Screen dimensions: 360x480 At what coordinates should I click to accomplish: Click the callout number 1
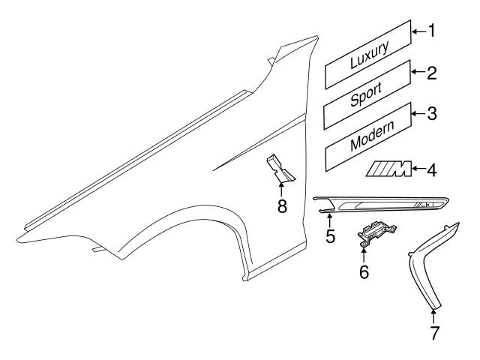coord(431,31)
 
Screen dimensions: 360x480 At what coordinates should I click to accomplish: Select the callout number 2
coord(432,73)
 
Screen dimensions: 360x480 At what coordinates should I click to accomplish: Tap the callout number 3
coord(432,114)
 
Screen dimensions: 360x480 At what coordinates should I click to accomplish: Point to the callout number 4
coord(432,169)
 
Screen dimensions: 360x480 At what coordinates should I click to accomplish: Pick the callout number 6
coord(364,271)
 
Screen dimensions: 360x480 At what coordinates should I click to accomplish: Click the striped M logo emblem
coord(388,171)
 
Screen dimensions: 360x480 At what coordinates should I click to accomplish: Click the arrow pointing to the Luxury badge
coord(418,31)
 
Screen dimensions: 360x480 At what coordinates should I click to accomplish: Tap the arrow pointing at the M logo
coord(418,169)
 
